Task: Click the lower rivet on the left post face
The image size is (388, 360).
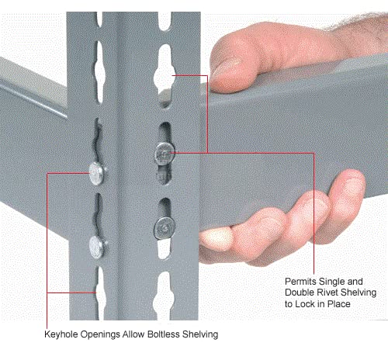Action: point(97,246)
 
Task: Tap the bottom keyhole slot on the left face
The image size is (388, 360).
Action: point(99,289)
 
